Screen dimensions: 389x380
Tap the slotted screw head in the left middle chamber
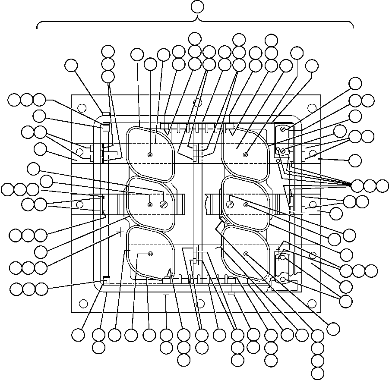[164, 204]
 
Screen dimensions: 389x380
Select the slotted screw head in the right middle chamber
[231, 201]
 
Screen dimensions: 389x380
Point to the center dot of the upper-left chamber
[150, 155]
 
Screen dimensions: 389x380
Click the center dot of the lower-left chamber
[150, 254]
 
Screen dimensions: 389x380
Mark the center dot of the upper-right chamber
[245, 155]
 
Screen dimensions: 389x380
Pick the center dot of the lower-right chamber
[245, 254]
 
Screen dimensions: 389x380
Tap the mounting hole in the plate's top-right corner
[311, 105]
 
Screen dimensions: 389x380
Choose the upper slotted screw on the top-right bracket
[283, 128]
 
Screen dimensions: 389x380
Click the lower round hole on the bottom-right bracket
[283, 280]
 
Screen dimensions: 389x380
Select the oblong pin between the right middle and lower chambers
[222, 220]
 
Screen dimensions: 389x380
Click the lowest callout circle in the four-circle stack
[317, 374]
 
